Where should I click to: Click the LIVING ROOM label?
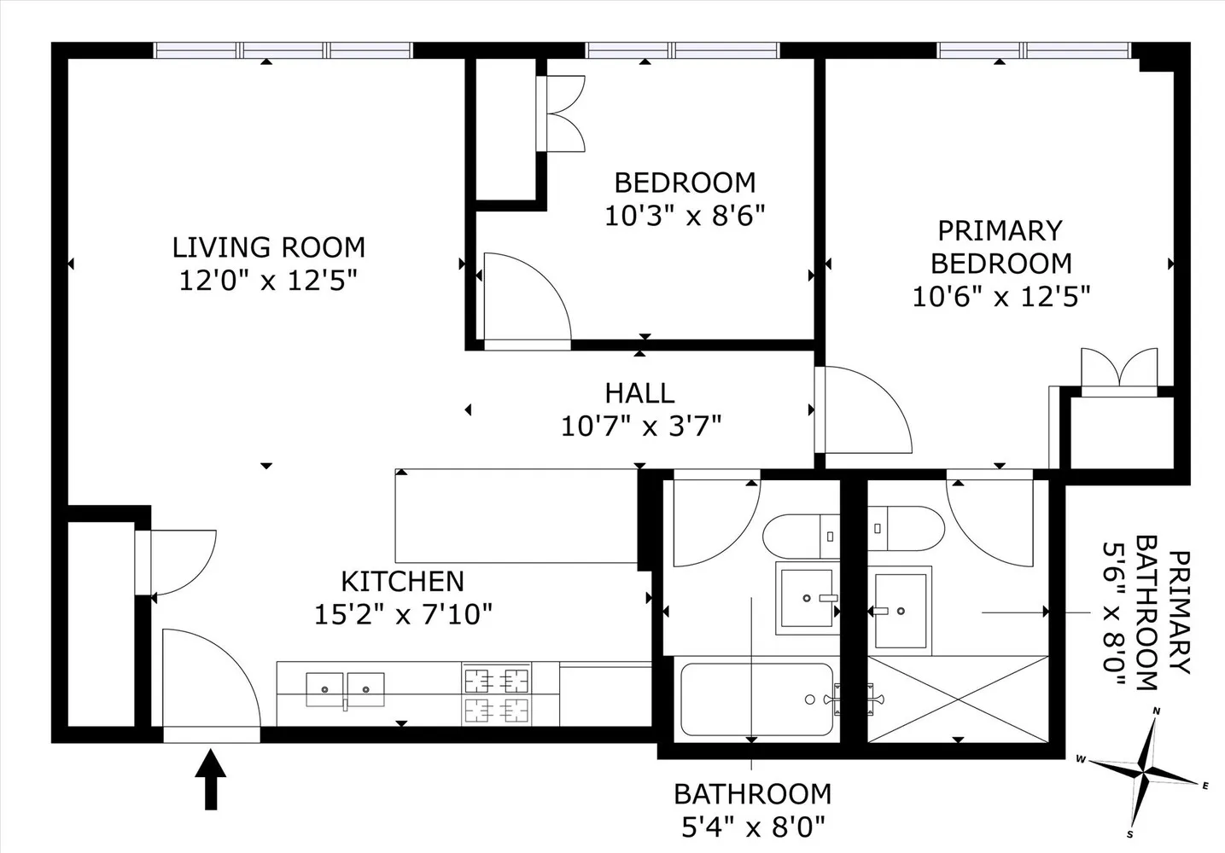tap(269, 247)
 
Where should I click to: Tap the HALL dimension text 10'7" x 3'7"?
tap(641, 426)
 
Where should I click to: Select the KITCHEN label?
tap(403, 582)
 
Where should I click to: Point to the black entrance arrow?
tap(211, 780)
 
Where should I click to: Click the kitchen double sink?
tap(345, 689)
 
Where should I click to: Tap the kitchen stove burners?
tap(497, 695)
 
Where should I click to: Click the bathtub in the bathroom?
tap(757, 699)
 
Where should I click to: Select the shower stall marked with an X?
tap(958, 699)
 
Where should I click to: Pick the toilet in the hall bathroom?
tap(802, 536)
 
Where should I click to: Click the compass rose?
tap(1144, 774)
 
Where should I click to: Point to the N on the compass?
tap(1157, 711)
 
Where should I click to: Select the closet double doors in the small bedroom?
tap(561, 113)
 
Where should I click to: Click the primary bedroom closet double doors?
tap(1119, 372)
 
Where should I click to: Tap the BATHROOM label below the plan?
tap(753, 794)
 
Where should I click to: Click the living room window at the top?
tap(283, 50)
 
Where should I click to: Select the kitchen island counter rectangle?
tap(516, 516)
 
